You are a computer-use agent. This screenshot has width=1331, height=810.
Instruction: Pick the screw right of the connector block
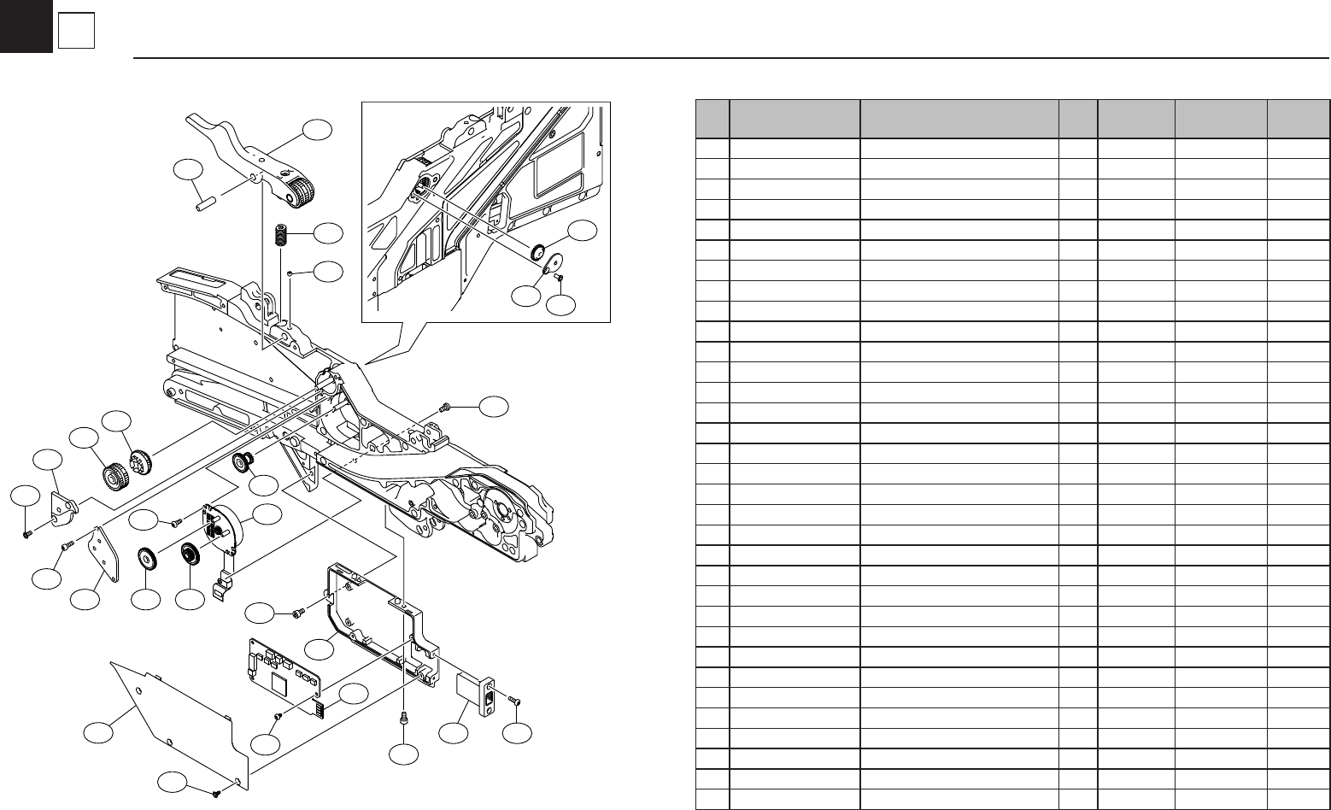tap(514, 700)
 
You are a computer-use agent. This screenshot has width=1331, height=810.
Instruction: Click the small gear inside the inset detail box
tap(539, 252)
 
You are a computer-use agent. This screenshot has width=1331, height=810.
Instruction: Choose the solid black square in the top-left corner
tap(26, 26)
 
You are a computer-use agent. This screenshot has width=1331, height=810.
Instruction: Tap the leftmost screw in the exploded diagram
tap(26, 534)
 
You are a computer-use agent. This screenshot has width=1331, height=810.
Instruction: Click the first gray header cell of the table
tap(712, 119)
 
